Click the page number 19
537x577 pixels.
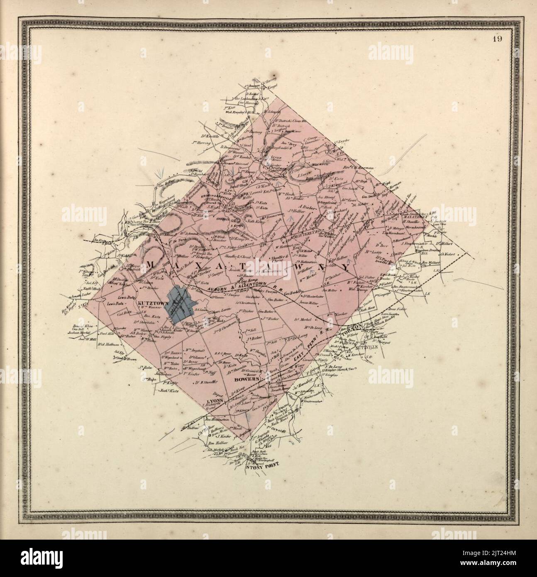click(498, 40)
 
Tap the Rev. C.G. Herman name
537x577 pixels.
click(358, 168)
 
